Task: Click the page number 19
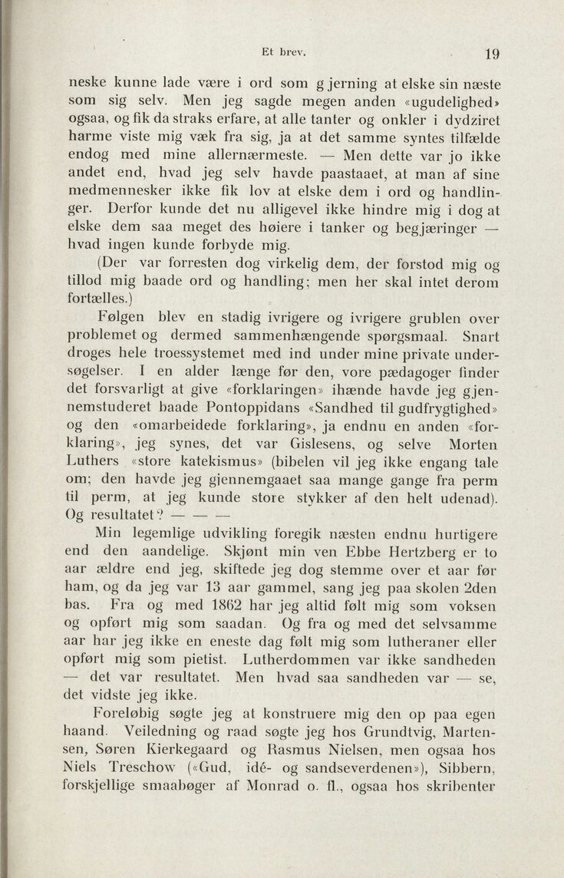click(492, 53)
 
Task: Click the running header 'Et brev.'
click(283, 53)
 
